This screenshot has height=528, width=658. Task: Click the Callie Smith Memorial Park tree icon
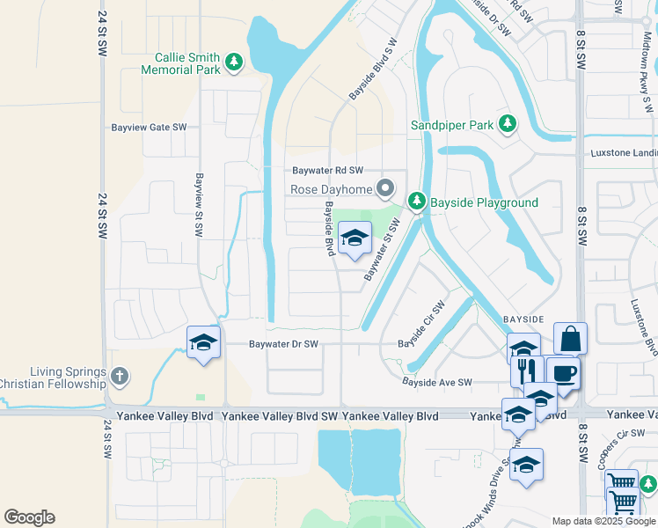[233, 62]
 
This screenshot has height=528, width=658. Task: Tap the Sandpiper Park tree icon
[507, 124]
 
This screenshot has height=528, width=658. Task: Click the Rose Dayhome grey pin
[384, 188]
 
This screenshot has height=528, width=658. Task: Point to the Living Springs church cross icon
[120, 377]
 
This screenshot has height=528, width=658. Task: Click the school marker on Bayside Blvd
[355, 238]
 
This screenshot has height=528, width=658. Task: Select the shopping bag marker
[570, 338]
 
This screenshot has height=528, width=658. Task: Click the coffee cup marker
[563, 372]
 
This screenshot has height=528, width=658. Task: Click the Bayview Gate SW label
[149, 127]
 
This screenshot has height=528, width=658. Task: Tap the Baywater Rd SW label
[328, 171]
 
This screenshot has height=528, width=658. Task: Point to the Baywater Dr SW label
[283, 344]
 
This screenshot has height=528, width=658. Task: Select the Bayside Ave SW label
[437, 382]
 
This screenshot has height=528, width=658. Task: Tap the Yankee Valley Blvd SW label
[280, 414]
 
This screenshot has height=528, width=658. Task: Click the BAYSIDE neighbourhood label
[523, 317]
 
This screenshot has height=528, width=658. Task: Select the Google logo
[29, 517]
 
